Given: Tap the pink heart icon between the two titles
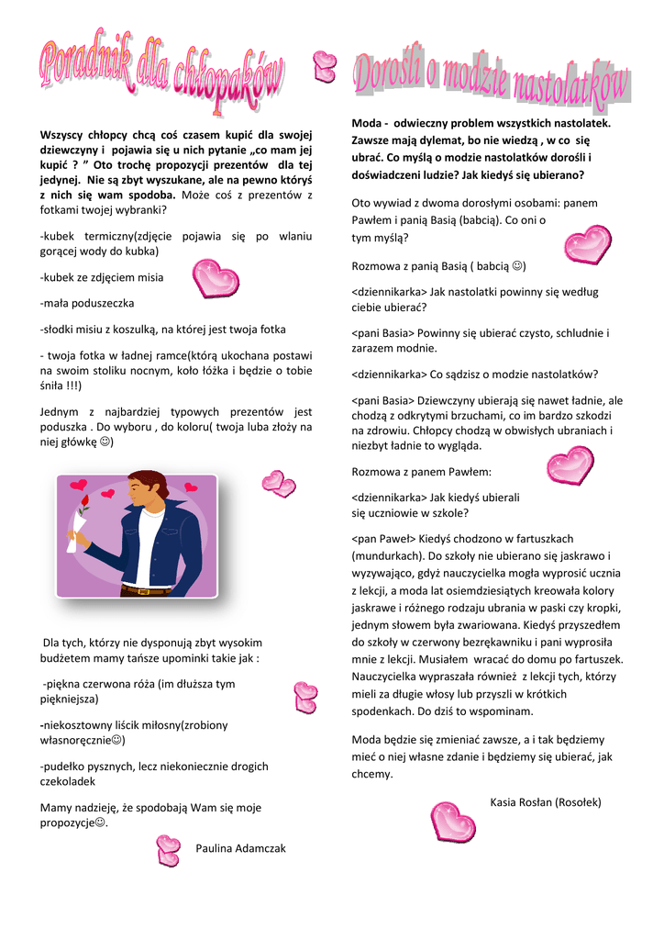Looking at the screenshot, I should tap(324, 64).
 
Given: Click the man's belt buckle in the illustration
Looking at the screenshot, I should tap(139, 590).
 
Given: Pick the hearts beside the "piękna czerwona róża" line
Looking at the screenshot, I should tap(304, 698).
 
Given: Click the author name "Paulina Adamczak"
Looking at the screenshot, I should tap(240, 848).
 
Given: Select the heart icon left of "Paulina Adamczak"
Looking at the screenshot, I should tap(168, 850).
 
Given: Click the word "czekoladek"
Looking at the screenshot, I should tap(68, 782).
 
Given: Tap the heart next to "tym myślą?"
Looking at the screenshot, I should tap(587, 244).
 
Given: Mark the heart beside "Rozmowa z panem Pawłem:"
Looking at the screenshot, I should tap(570, 464).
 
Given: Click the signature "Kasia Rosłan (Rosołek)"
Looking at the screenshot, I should tap(546, 802).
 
